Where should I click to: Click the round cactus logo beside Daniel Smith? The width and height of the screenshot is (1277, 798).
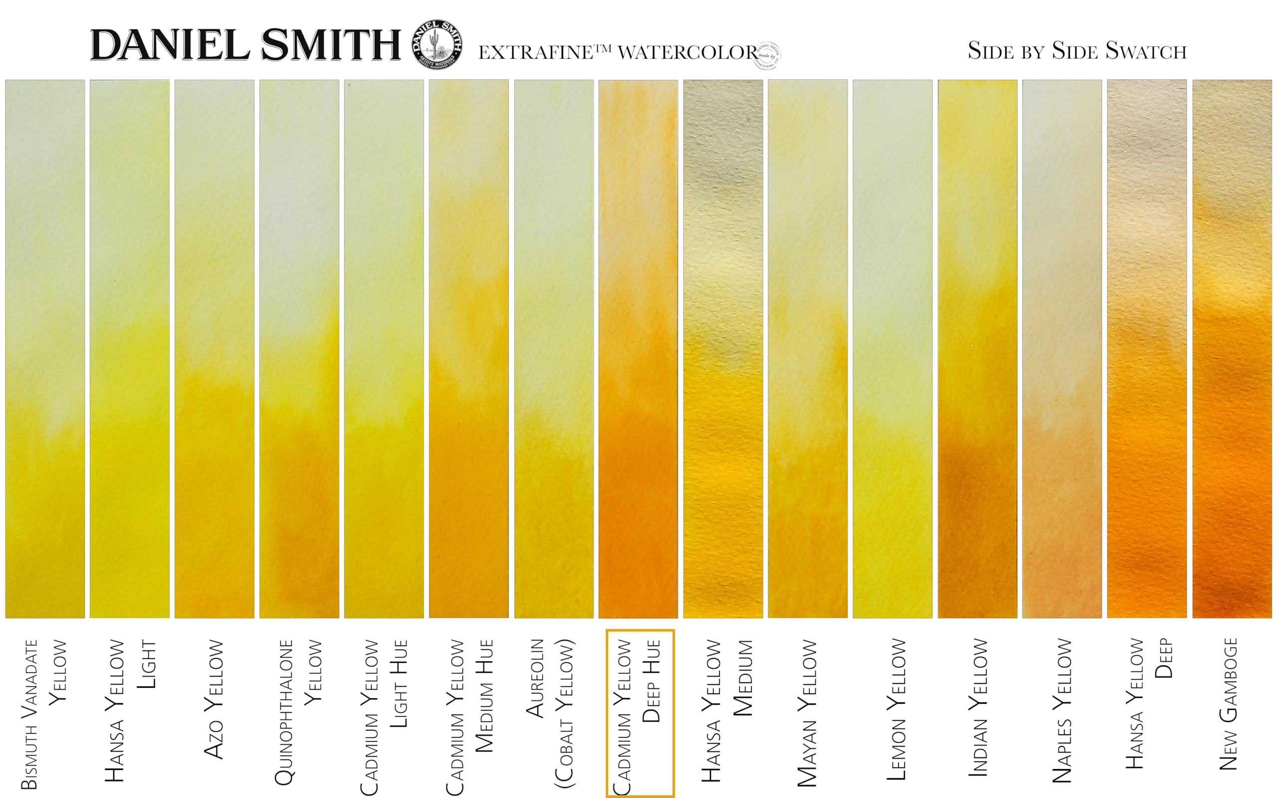[x=437, y=44]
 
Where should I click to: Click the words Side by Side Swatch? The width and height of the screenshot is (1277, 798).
[x=1077, y=51]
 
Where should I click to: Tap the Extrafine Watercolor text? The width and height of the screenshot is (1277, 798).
[x=618, y=52]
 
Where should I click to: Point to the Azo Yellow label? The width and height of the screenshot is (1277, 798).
[x=213, y=699]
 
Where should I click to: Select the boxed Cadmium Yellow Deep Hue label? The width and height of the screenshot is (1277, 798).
[x=639, y=713]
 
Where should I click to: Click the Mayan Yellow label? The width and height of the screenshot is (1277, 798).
[x=807, y=713]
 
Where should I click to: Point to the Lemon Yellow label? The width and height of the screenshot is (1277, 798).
[x=896, y=709]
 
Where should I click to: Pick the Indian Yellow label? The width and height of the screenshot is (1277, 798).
[x=978, y=707]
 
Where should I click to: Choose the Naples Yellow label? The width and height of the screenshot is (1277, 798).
[x=1062, y=710]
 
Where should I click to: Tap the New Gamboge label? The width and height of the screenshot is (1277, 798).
[x=1228, y=704]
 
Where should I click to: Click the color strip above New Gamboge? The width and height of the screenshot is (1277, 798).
[x=1232, y=348]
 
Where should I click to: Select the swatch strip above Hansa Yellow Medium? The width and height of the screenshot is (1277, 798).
[x=723, y=348]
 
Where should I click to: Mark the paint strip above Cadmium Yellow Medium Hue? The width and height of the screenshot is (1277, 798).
[x=468, y=348]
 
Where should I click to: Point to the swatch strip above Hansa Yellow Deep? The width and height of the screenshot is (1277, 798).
[x=1147, y=348]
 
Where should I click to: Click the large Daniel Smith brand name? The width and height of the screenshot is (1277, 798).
[x=246, y=45]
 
